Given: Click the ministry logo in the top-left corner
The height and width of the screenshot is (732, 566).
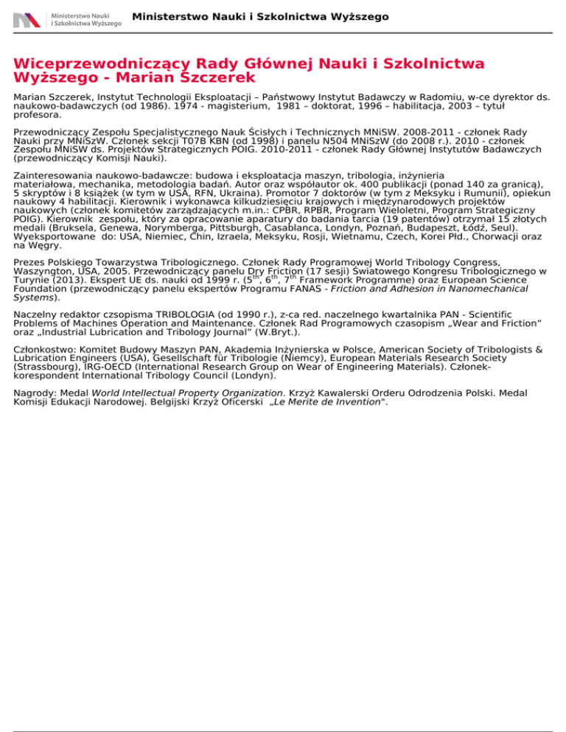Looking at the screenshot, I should tap(66, 18).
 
